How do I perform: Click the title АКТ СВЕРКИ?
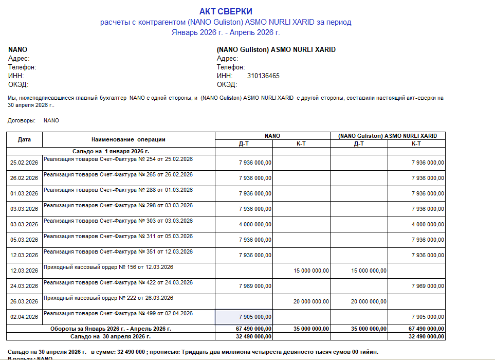(226, 11)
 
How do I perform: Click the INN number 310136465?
(263, 76)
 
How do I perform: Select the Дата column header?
(24, 139)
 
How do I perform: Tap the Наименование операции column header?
(128, 139)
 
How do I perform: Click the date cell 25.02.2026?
(24, 163)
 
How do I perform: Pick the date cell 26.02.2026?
(24, 178)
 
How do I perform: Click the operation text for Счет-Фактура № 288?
(118, 190)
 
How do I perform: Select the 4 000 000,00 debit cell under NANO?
(255, 224)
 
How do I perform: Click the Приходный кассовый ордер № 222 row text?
(108, 298)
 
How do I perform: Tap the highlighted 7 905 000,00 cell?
(255, 317)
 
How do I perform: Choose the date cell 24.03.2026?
(24, 286)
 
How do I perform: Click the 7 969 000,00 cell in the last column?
(428, 286)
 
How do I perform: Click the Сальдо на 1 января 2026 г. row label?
(111, 151)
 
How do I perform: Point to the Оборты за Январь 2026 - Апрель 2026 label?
(111, 329)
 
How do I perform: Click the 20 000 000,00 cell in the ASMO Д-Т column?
(369, 301)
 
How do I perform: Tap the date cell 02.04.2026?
(24, 317)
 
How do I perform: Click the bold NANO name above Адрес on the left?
(17, 50)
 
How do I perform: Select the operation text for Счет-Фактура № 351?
(118, 252)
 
